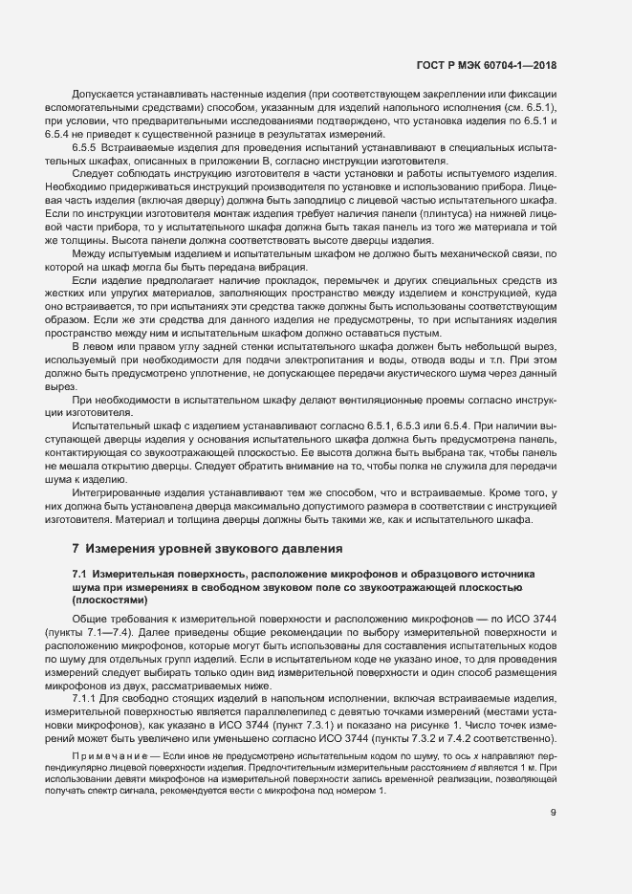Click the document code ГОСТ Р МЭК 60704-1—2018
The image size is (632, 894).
click(487, 65)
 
